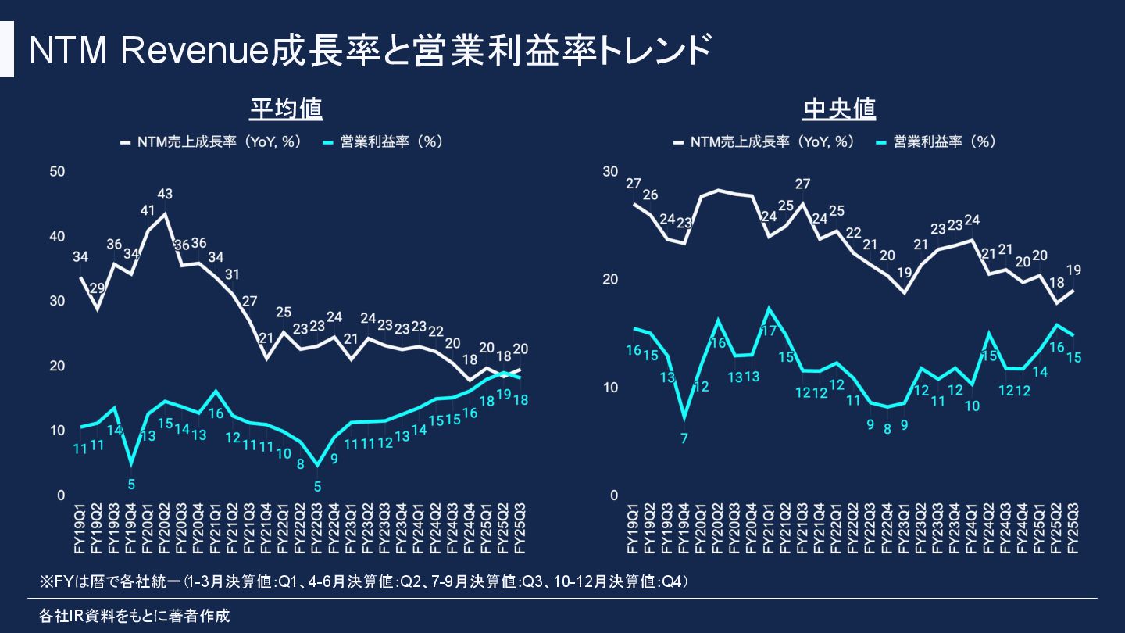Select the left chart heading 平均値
click(286, 109)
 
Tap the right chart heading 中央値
click(839, 109)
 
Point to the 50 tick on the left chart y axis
click(58, 172)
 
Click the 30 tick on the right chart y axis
click(610, 172)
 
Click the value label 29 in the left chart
click(98, 288)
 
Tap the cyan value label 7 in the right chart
click(684, 438)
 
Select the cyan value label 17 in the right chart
click(769, 331)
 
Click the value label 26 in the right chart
click(650, 195)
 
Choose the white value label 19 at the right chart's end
click(1073, 271)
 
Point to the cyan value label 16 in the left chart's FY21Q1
click(216, 413)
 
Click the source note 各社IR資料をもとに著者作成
click(134, 616)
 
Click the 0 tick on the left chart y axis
click(61, 495)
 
